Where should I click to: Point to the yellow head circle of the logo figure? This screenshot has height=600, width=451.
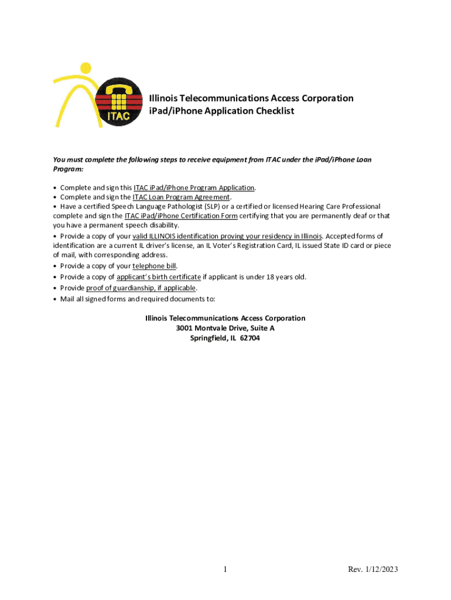click(86, 69)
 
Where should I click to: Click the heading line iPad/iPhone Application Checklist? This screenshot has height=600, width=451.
click(221, 111)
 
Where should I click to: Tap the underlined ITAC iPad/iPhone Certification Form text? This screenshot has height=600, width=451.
click(181, 216)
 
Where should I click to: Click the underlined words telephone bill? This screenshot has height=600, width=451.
click(155, 266)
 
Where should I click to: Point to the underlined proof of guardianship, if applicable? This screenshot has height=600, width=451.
click(141, 288)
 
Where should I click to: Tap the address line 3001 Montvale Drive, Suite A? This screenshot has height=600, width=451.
click(225, 328)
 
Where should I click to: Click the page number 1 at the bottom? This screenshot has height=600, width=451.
click(225, 570)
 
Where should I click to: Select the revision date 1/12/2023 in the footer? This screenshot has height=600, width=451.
click(382, 570)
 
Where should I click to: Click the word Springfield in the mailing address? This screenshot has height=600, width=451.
click(209, 338)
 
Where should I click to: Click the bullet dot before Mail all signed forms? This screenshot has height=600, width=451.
click(55, 299)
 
